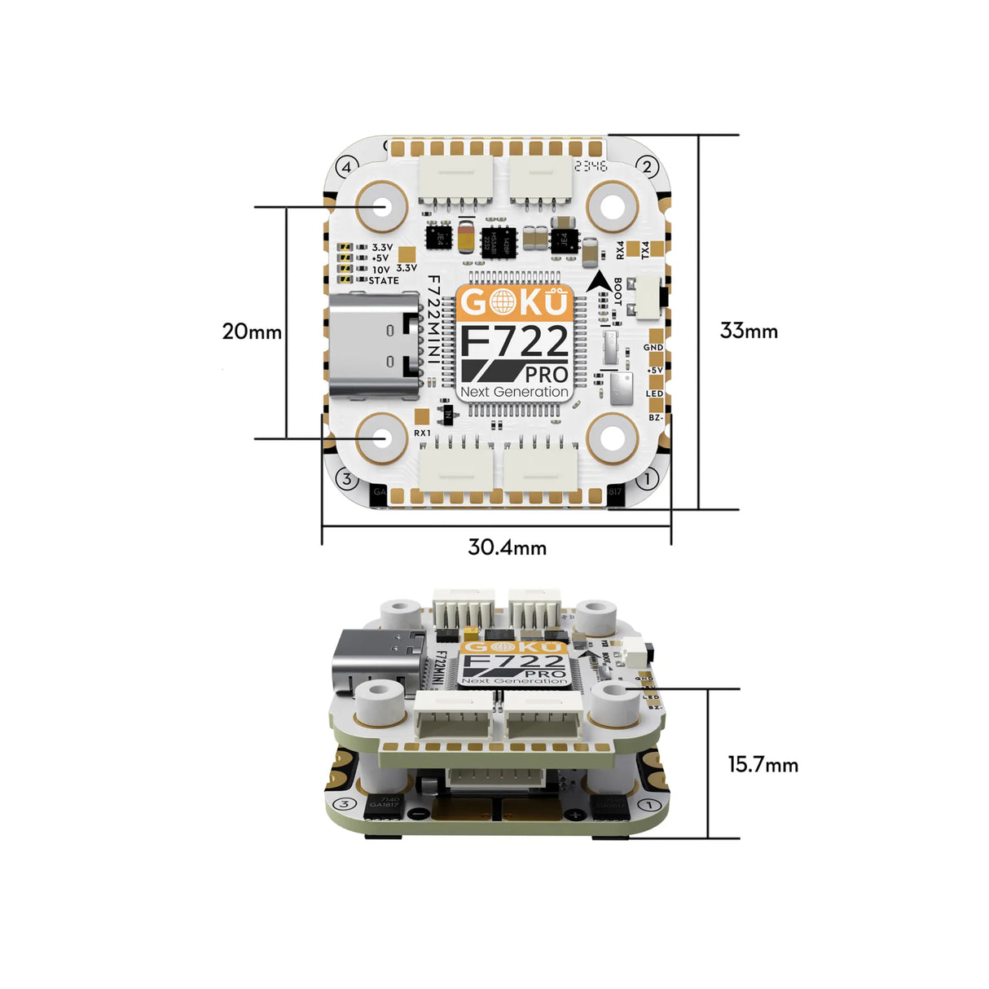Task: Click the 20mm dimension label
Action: (x=252, y=332)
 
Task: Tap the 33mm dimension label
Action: (x=749, y=331)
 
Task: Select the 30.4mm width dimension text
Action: (x=507, y=547)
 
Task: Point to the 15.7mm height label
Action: (x=763, y=765)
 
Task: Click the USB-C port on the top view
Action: (x=374, y=345)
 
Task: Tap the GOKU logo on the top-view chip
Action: (x=513, y=302)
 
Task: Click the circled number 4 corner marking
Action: (x=346, y=167)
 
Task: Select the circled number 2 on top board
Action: (x=647, y=167)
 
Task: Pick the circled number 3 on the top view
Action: (x=346, y=479)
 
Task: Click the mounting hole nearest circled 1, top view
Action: (x=612, y=438)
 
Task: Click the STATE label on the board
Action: (x=384, y=280)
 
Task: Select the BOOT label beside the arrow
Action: (x=618, y=292)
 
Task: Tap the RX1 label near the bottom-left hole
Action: (x=422, y=433)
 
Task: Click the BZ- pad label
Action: (x=656, y=418)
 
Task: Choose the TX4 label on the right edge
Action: (x=645, y=250)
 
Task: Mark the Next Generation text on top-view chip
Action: (x=514, y=392)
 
